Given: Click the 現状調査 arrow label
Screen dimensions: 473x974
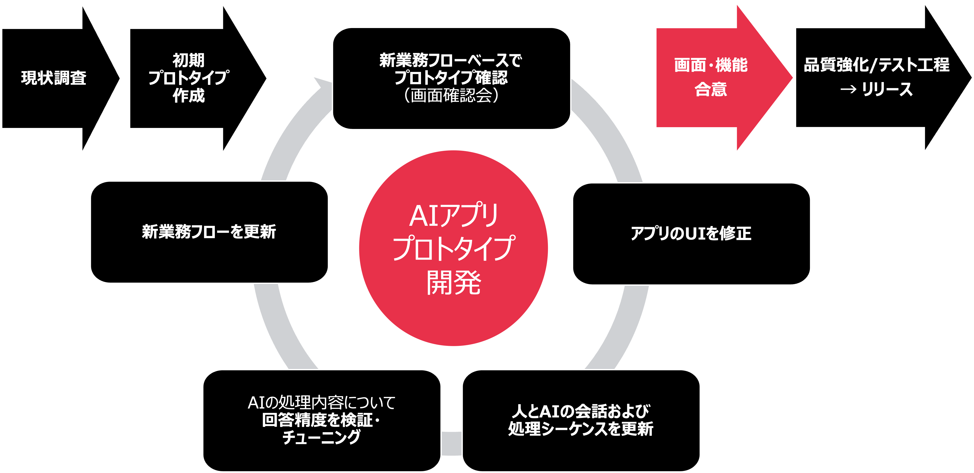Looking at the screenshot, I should point(54,78).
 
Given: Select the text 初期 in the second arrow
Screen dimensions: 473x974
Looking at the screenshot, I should point(188,60).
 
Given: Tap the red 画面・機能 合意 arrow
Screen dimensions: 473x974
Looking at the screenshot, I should point(711,77).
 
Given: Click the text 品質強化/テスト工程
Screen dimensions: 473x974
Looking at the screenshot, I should point(876,65).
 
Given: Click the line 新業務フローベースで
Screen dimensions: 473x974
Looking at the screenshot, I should point(451,60).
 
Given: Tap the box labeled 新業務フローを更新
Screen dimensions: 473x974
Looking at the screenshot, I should point(209,232).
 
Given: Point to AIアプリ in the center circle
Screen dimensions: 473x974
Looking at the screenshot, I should point(453,216).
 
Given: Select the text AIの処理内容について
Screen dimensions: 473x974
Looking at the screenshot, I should point(321,403).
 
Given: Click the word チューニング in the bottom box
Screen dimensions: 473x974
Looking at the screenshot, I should point(321,438).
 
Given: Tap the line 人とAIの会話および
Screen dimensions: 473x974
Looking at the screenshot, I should point(581,411).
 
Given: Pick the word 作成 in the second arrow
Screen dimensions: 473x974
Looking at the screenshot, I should point(188,95).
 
